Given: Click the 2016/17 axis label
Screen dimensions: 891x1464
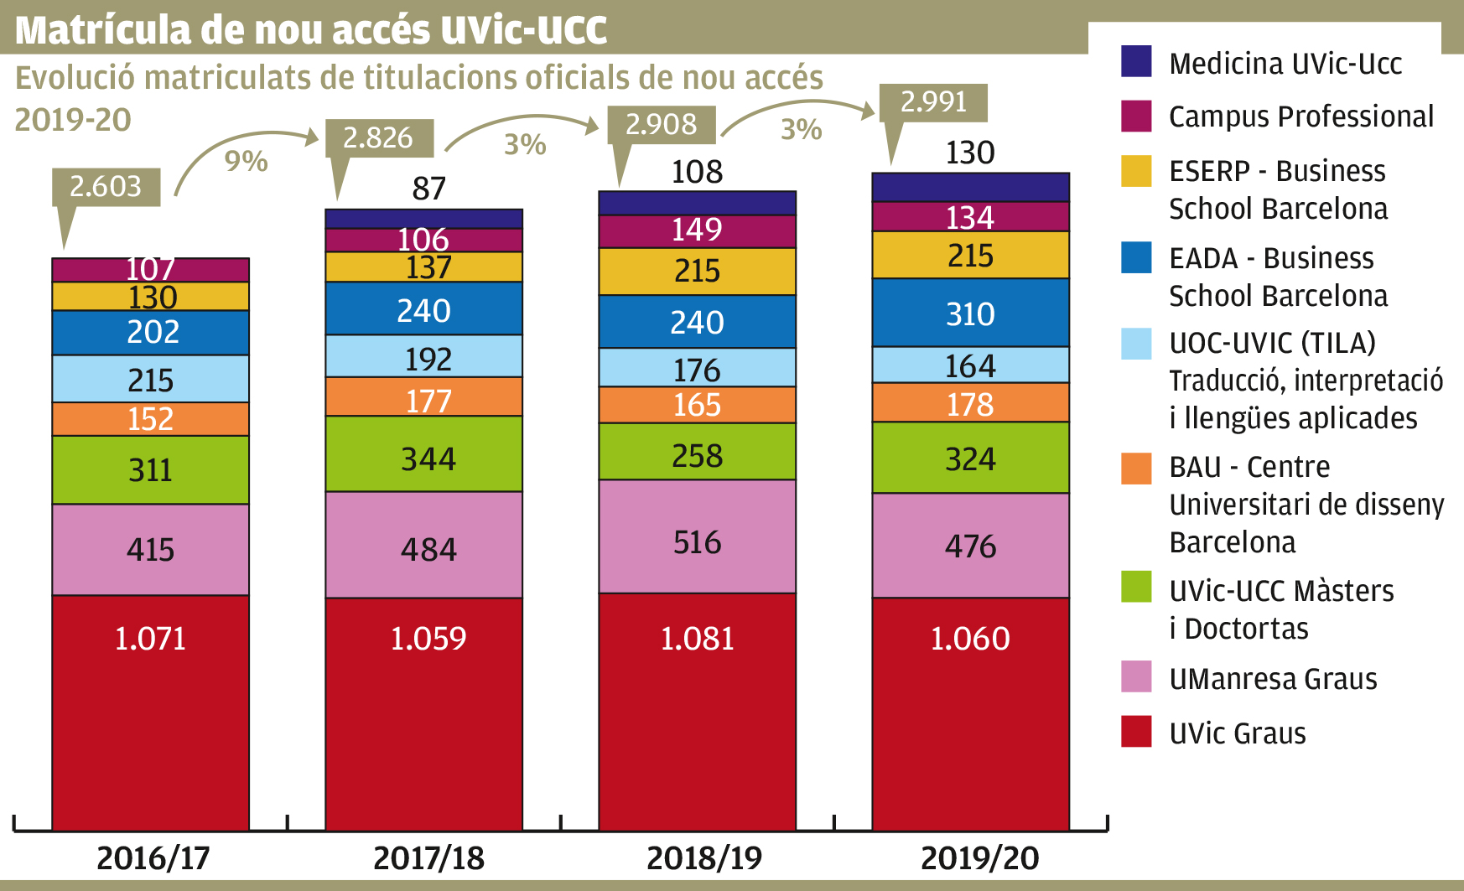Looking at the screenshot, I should click(x=153, y=858).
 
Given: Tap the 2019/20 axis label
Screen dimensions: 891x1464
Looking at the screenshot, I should click(x=979, y=858).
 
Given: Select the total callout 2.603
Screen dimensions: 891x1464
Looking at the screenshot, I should click(x=106, y=186).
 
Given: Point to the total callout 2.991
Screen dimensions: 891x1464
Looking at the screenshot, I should click(x=933, y=102).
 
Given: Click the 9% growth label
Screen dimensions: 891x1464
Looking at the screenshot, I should click(x=246, y=161).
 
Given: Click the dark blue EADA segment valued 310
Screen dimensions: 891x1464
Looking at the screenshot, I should click(x=970, y=313).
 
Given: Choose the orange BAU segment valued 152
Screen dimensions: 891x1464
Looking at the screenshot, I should click(x=150, y=419).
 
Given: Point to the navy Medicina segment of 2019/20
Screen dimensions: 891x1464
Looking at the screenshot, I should click(x=970, y=187).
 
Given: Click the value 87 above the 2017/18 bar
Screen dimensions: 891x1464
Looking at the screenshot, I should click(x=428, y=189).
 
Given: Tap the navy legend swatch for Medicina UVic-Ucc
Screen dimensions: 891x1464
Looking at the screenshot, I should click(x=1136, y=61).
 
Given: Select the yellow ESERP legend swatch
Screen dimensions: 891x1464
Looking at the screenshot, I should click(x=1136, y=171).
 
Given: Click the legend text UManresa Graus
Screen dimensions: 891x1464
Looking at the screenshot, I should click(x=1273, y=678).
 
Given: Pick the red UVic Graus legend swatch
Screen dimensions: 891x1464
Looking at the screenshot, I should click(x=1136, y=732).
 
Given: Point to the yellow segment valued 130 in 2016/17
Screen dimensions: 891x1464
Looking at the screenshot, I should click(x=150, y=297).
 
